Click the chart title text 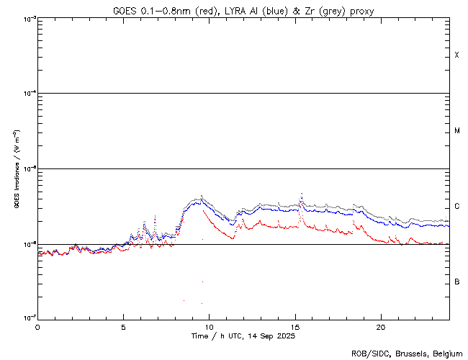pyautogui.click(x=243, y=11)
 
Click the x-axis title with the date pyautogui.click(x=243, y=336)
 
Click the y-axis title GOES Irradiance pyautogui.click(x=17, y=169)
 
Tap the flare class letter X pyautogui.click(x=457, y=55)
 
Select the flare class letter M pyautogui.click(x=457, y=131)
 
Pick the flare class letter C pyautogui.click(x=457, y=207)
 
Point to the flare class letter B pyautogui.click(x=457, y=282)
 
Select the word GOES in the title pyautogui.click(x=124, y=11)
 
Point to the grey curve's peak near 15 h pyautogui.click(x=301, y=194)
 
